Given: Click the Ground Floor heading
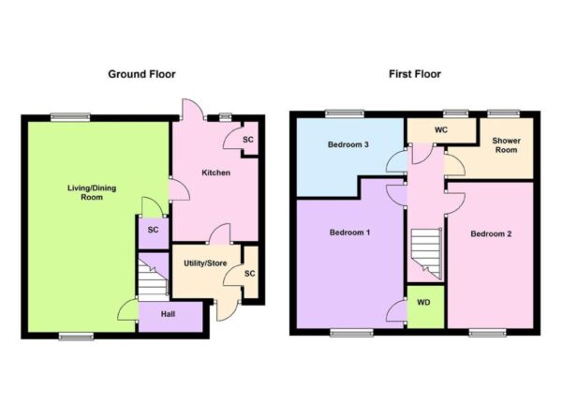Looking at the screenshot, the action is pyautogui.click(x=142, y=74).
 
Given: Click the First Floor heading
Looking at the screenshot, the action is pyautogui.click(x=415, y=74).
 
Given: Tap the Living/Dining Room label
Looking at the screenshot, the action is pyautogui.click(x=92, y=192).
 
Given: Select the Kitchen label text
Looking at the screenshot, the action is pyautogui.click(x=215, y=172).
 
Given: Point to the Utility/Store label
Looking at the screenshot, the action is pyautogui.click(x=205, y=263).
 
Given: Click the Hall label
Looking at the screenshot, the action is pyautogui.click(x=168, y=314).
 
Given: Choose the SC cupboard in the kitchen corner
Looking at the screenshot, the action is pyautogui.click(x=249, y=139).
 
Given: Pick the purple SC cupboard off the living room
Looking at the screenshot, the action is pyautogui.click(x=154, y=233).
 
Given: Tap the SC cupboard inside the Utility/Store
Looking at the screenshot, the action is pyautogui.click(x=250, y=272).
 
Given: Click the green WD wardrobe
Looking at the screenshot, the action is pyautogui.click(x=425, y=307).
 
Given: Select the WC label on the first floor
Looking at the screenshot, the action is pyautogui.click(x=441, y=130).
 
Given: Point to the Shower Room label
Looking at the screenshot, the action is pyautogui.click(x=506, y=145).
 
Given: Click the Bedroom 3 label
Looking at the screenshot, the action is pyautogui.click(x=348, y=144).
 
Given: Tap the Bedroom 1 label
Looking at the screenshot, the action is pyautogui.click(x=349, y=232).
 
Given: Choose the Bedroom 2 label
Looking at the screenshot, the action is pyautogui.click(x=491, y=233).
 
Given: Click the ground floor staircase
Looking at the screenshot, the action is pyautogui.click(x=154, y=280).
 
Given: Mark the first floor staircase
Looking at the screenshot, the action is pyautogui.click(x=426, y=254).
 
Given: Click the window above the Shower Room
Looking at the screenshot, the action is pyautogui.click(x=503, y=113).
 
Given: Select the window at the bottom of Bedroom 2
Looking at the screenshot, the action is pyautogui.click(x=487, y=333).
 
